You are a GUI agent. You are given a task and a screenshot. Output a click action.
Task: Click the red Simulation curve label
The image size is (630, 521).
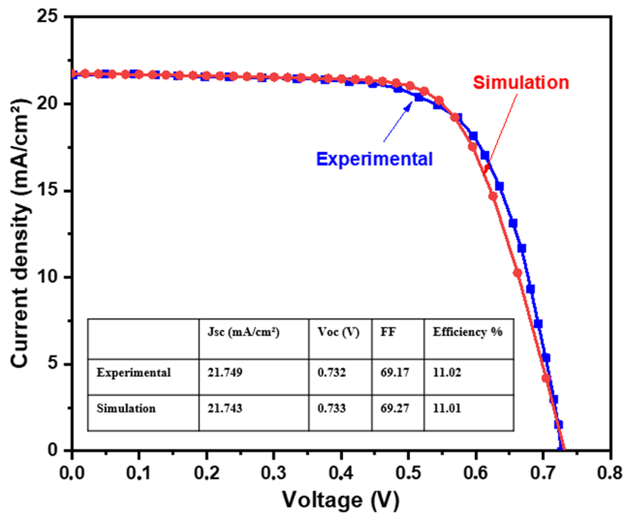(x=521, y=83)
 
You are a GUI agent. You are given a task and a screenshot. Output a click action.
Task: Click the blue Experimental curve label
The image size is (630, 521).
(x=374, y=159)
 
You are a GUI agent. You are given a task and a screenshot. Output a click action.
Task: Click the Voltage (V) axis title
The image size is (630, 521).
(x=341, y=500)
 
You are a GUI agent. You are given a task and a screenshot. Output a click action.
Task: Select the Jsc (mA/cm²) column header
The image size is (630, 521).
(x=243, y=332)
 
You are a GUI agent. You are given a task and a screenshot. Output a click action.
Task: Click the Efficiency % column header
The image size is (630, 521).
(x=467, y=332)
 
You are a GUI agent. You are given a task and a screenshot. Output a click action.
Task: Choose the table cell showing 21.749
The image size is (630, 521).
(x=225, y=373)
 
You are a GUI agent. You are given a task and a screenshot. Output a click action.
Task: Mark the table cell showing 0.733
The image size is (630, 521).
(x=331, y=408)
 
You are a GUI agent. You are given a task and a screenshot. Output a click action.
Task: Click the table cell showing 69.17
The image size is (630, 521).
(x=394, y=373)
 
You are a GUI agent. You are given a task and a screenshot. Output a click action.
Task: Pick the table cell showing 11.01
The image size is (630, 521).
(x=447, y=408)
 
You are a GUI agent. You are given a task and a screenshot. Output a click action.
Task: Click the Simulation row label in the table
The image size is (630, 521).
(x=126, y=408)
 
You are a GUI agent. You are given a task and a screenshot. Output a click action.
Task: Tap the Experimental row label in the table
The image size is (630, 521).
(x=133, y=373)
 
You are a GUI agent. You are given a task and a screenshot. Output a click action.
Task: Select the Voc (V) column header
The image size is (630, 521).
(x=338, y=332)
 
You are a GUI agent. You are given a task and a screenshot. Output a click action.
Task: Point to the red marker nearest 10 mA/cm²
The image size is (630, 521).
(x=518, y=273)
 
